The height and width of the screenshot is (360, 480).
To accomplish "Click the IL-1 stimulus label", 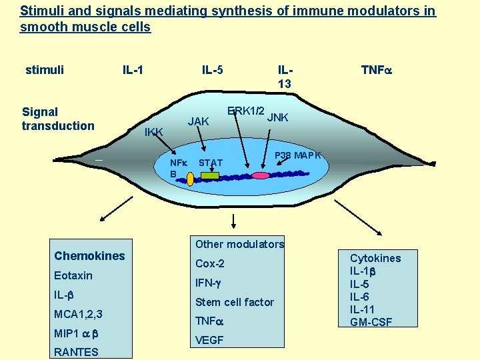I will (133, 69).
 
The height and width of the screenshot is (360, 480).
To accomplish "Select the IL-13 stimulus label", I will (285, 76).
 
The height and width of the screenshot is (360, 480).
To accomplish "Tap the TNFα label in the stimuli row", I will (375, 69).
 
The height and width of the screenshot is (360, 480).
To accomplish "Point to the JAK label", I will (199, 121).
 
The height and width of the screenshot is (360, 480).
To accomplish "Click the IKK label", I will (154, 132).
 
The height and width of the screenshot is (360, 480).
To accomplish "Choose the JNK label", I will (277, 118).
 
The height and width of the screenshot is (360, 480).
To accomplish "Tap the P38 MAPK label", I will (299, 155).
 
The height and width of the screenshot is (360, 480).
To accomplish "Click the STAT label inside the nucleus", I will (211, 163).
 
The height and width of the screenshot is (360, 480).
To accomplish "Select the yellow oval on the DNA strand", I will (190, 179).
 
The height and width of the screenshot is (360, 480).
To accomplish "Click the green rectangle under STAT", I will (210, 176).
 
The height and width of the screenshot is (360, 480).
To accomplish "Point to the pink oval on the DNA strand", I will (259, 175).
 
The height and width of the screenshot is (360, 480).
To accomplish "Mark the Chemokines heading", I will (89, 256).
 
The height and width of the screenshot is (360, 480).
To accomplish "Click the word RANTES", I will (76, 352).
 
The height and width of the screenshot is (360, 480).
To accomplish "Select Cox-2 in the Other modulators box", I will (209, 263).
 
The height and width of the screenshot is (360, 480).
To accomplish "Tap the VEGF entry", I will (209, 340).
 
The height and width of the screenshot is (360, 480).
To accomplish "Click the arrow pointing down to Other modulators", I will (234, 222).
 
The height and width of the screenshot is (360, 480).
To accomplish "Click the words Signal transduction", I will (58, 119).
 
